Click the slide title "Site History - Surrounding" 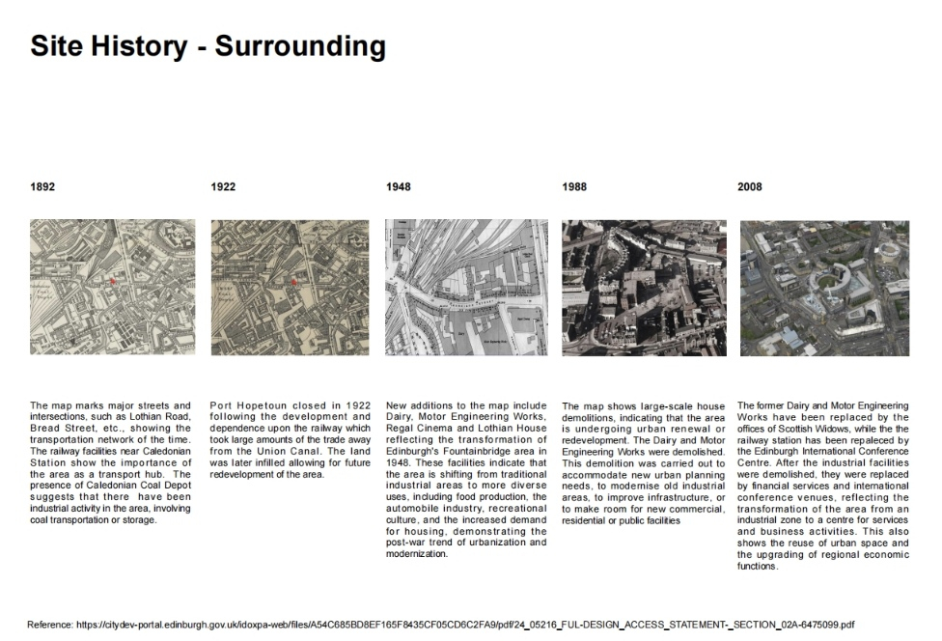click(x=208, y=45)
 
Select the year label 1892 click(x=42, y=186)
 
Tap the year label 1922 click(x=223, y=186)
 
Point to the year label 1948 click(x=398, y=186)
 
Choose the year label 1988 click(x=574, y=186)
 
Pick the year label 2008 click(x=750, y=186)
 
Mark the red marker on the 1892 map click(x=113, y=281)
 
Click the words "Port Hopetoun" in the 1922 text click(x=247, y=405)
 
